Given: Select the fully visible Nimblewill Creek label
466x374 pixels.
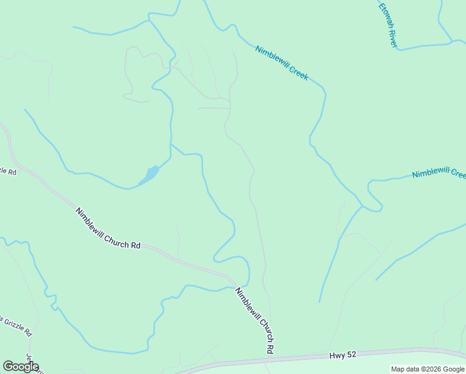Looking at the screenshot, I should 282,62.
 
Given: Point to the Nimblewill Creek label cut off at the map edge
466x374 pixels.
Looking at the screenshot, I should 439,173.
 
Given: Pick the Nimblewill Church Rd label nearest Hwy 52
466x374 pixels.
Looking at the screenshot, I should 255,320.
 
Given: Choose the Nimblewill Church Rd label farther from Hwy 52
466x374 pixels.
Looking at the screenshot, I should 108,228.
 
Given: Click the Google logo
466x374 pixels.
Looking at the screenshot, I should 21,367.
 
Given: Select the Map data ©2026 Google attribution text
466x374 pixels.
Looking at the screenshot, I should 427,369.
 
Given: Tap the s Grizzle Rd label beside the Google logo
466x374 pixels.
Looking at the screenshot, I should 15,325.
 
